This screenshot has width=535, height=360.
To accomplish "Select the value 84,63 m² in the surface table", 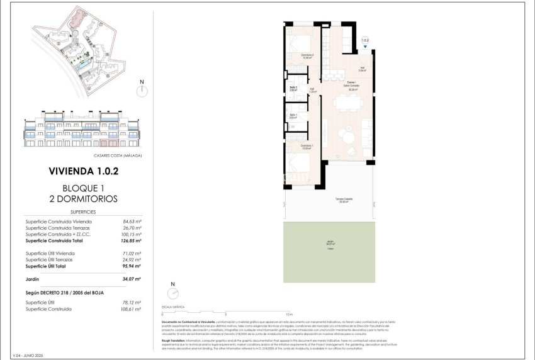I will [132, 222].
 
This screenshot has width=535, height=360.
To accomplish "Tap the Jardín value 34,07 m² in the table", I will [132, 278].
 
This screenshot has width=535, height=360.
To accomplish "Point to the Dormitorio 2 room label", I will [307, 57].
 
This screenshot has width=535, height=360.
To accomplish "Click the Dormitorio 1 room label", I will [307, 147].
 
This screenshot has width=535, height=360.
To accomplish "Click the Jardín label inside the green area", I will [330, 243].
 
